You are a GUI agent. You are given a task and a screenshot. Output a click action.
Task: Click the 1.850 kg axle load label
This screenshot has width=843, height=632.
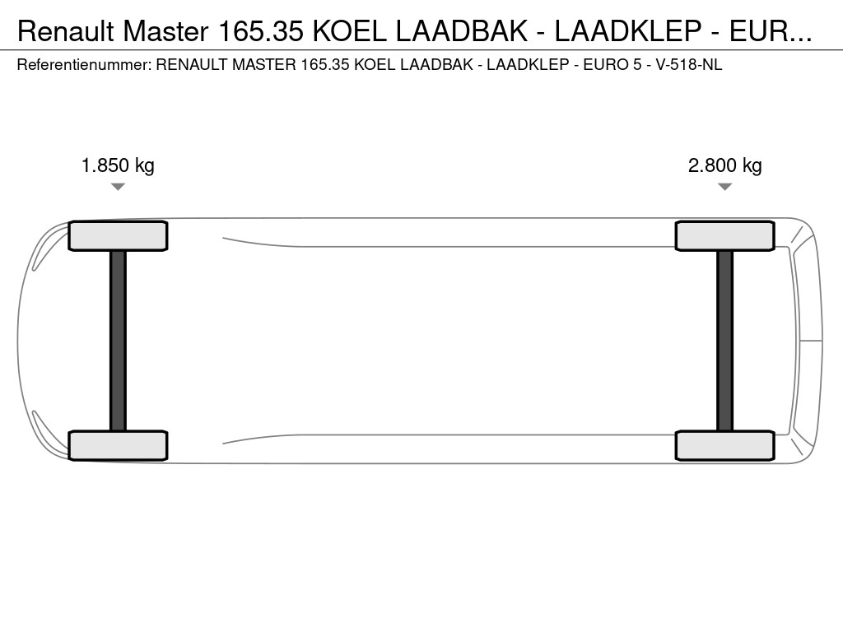point(118,165)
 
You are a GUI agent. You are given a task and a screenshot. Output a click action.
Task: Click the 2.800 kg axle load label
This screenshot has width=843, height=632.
point(724,165)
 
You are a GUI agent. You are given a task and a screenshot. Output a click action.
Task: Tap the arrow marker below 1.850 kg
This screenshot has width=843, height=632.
point(118,187)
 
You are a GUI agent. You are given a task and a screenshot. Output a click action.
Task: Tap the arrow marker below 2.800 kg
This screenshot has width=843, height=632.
point(724,187)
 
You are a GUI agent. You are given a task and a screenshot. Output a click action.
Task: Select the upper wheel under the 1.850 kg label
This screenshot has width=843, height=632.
point(118,236)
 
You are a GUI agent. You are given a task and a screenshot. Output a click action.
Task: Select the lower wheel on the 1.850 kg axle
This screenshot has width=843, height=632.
point(118,445)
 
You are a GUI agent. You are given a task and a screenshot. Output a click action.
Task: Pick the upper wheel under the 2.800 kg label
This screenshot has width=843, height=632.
point(724,236)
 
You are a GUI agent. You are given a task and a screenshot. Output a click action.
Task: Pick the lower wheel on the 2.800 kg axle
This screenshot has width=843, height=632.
point(724,445)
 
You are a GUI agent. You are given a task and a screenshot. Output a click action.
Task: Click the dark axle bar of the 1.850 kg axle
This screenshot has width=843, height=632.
point(118,341)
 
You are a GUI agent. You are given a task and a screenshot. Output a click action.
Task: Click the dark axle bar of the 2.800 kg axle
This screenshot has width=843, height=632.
point(724,341)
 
